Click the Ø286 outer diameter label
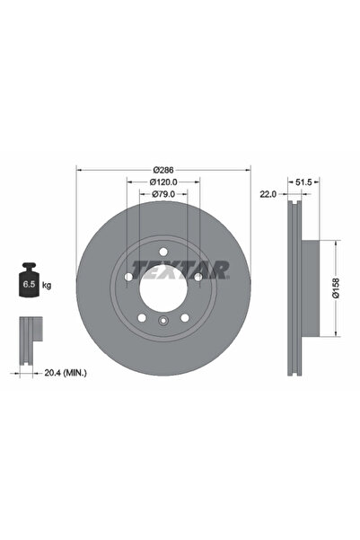(x=162, y=169)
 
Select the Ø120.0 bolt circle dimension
(x=162, y=182)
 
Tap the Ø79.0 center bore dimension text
(x=162, y=195)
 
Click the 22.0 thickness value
(x=268, y=194)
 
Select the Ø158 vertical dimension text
(x=335, y=288)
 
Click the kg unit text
(x=47, y=284)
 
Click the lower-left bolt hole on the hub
(x=140, y=317)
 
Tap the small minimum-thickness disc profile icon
(x=30, y=333)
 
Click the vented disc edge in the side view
(x=292, y=288)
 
